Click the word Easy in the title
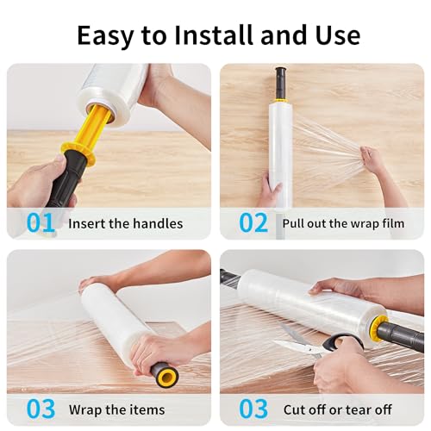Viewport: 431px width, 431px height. tap(105, 35)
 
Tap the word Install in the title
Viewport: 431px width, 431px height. tap(214, 34)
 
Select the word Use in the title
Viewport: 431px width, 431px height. tap(338, 35)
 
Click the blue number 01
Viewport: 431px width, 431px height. tap(41, 222)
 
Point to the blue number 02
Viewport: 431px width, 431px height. tap(253, 222)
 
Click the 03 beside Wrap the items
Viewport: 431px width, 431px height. tap(41, 409)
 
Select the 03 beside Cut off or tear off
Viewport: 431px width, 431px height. tap(253, 409)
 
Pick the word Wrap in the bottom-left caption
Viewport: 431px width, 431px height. tap(85, 410)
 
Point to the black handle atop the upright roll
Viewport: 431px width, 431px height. tap(280, 83)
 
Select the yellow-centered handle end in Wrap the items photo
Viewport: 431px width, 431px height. tap(166, 374)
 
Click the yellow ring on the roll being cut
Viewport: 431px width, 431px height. tap(378, 328)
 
